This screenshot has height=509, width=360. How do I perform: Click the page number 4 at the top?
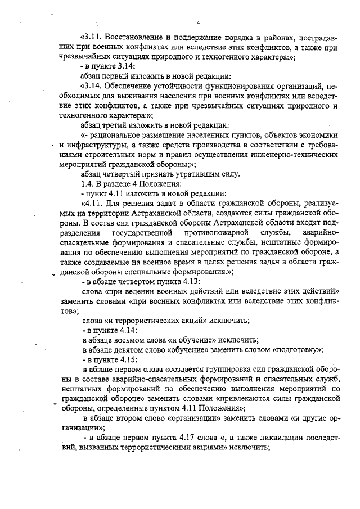pyautogui.click(x=199, y=22)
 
